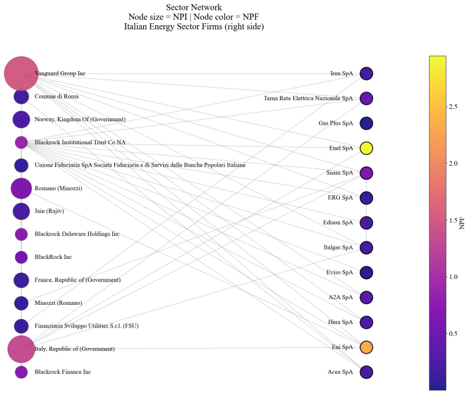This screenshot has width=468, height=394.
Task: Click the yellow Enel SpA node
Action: tap(366, 148)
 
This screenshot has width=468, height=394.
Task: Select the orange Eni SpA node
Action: tap(366, 347)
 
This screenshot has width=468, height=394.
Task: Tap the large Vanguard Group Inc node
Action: tap(21, 73)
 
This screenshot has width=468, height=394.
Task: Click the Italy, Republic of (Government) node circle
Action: tap(21, 349)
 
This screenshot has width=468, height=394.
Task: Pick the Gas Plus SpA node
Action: tap(366, 124)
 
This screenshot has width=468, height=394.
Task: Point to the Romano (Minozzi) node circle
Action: tap(21, 188)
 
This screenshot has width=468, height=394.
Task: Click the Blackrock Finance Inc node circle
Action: tap(21, 372)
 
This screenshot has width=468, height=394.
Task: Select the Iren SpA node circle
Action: tap(366, 73)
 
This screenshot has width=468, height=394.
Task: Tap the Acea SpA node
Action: tap(366, 372)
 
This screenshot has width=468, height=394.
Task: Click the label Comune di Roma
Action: tap(57, 96)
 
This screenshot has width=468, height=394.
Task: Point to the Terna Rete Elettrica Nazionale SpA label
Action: tap(308, 98)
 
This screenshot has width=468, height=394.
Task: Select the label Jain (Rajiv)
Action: tap(49, 211)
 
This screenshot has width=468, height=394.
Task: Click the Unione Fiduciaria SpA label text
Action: tap(140, 165)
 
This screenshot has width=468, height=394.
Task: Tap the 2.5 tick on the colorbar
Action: tap(453, 107)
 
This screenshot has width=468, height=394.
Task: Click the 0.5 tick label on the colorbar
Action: tap(453, 333)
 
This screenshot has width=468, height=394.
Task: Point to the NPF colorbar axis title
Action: tap(462, 223)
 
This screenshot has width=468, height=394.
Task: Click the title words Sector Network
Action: tap(194, 7)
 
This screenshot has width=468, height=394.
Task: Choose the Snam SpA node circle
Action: tap(366, 173)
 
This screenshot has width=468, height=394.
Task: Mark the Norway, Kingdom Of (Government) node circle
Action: tap(21, 119)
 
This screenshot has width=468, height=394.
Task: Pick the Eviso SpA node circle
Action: tap(366, 273)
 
